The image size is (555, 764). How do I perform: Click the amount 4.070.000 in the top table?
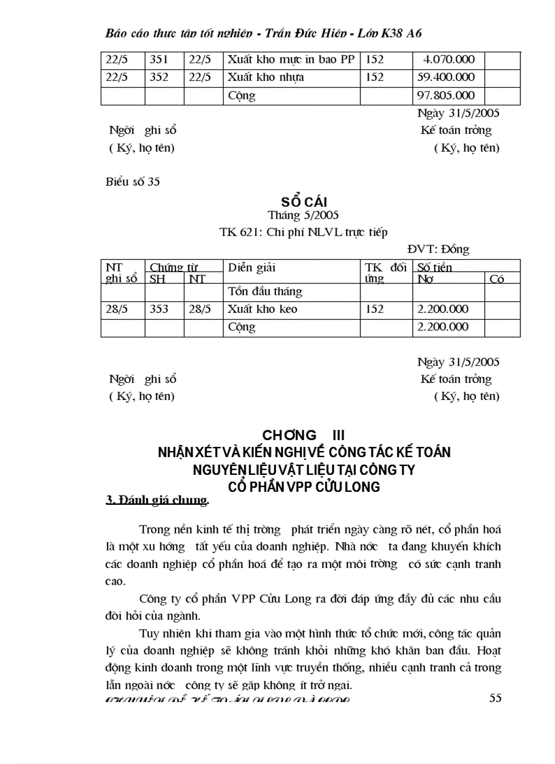(449, 60)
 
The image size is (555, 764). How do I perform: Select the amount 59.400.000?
(446, 78)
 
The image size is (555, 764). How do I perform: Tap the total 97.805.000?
(446, 96)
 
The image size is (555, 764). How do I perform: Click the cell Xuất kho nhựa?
(266, 78)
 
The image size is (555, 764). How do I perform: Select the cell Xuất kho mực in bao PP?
(291, 60)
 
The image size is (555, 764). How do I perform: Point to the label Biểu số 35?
(133, 182)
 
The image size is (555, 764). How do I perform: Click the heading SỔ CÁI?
(303, 202)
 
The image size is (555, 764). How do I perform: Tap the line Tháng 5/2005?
(303, 216)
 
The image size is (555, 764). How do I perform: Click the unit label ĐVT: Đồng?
(438, 250)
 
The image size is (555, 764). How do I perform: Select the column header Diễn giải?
(252, 268)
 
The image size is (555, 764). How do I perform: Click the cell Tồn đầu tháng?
(265, 292)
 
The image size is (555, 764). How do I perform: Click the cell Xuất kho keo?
(263, 310)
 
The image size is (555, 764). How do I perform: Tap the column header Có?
(497, 279)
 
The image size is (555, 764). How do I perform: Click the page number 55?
(495, 698)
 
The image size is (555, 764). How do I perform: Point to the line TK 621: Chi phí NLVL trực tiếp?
(303, 233)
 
